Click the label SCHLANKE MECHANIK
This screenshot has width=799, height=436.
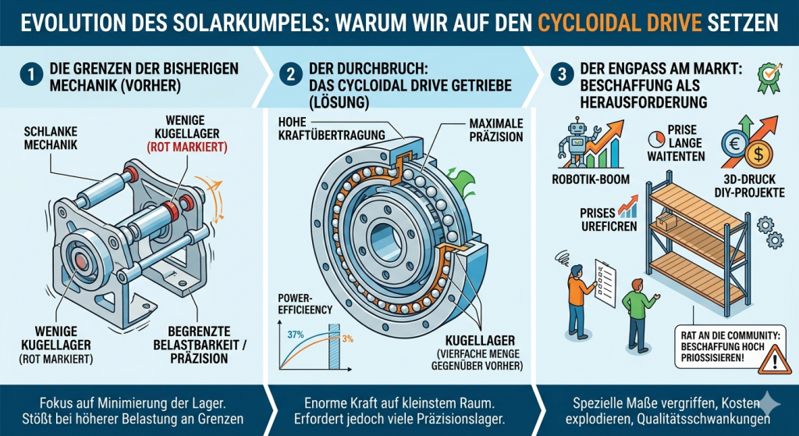coord(49,140)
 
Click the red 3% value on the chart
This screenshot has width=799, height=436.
coord(347,338)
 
